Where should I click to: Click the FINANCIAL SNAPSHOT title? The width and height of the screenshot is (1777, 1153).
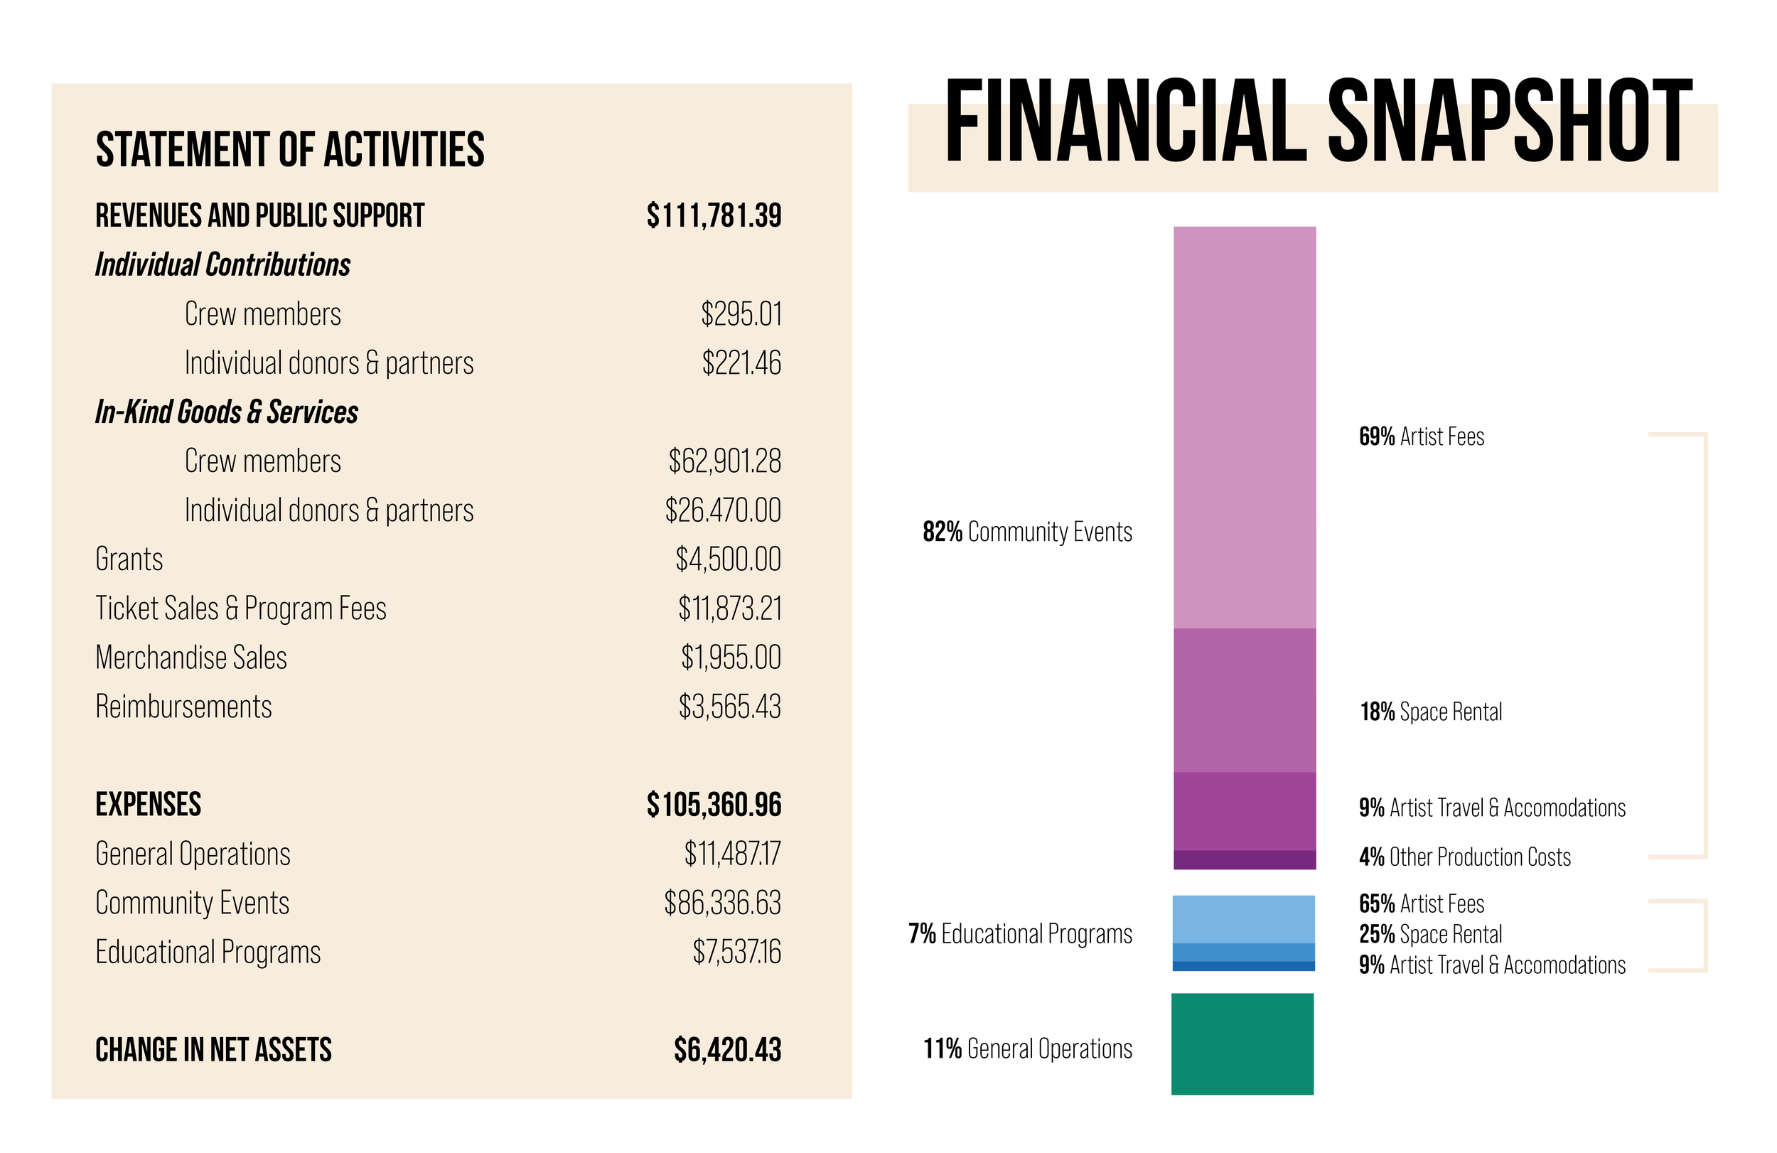point(1318,121)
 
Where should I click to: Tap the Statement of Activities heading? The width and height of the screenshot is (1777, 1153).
point(290,149)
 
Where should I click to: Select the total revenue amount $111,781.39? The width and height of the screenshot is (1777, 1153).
point(714,216)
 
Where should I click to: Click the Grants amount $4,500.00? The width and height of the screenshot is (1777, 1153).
point(728,559)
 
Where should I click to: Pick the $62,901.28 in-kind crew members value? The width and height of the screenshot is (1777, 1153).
point(724,461)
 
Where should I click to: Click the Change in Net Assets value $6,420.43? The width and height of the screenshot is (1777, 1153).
point(727,1050)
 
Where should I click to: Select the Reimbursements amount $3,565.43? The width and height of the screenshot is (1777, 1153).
point(729,707)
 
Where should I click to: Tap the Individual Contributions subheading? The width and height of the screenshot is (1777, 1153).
point(222,265)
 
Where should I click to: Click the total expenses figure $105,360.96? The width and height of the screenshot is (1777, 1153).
point(714,805)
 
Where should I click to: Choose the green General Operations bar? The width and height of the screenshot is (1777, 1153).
point(1242,1044)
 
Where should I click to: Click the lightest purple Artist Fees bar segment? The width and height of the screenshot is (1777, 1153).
point(1245,427)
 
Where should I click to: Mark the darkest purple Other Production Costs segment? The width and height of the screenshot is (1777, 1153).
point(1245,859)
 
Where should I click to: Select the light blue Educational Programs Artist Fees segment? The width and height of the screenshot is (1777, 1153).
point(1243,918)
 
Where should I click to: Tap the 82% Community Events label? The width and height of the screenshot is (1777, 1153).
point(1027,532)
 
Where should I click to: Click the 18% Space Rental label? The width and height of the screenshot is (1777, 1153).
point(1431,712)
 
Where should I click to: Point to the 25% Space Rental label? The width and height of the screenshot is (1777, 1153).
point(1431,934)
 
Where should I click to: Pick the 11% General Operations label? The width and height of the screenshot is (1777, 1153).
point(1027,1049)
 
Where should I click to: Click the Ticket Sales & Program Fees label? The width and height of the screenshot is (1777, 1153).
point(240,608)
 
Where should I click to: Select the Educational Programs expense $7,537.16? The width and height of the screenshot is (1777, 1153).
point(736,952)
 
